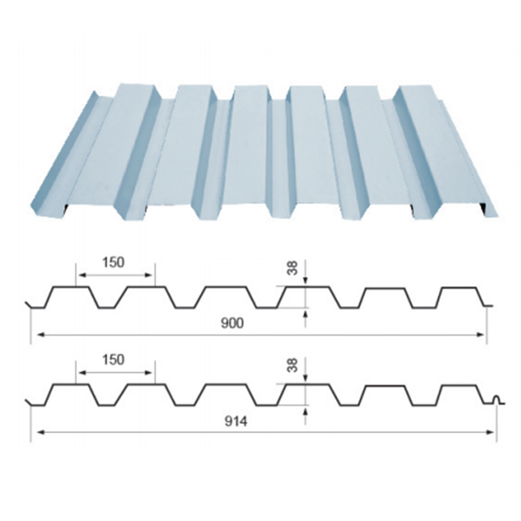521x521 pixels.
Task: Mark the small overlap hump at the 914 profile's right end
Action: point(497,399)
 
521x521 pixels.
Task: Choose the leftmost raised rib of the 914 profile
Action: point(72,384)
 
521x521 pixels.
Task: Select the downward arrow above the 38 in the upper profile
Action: point(305,281)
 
